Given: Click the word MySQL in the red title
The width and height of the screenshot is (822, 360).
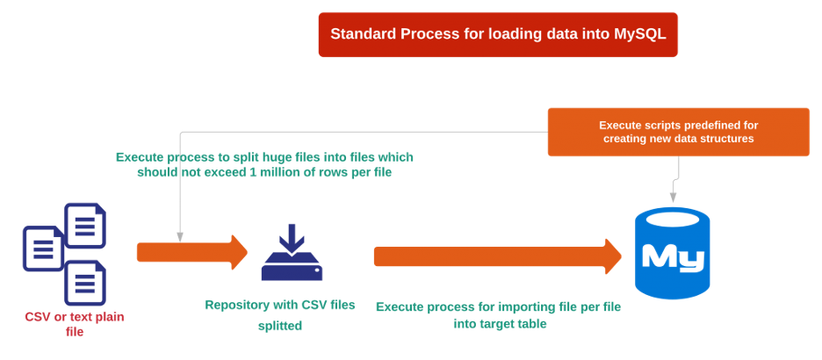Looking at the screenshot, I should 638,34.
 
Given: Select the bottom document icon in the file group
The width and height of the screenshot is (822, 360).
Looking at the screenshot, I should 85,282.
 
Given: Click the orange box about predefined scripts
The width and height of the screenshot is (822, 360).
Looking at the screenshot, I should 678,132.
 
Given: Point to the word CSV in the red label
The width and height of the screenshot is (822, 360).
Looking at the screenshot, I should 38,317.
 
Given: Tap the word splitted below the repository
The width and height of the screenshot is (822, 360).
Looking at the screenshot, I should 280,326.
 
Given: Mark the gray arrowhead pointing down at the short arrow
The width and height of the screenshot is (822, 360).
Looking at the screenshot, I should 179,236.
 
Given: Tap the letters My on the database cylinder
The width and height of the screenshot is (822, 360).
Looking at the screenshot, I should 673,257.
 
